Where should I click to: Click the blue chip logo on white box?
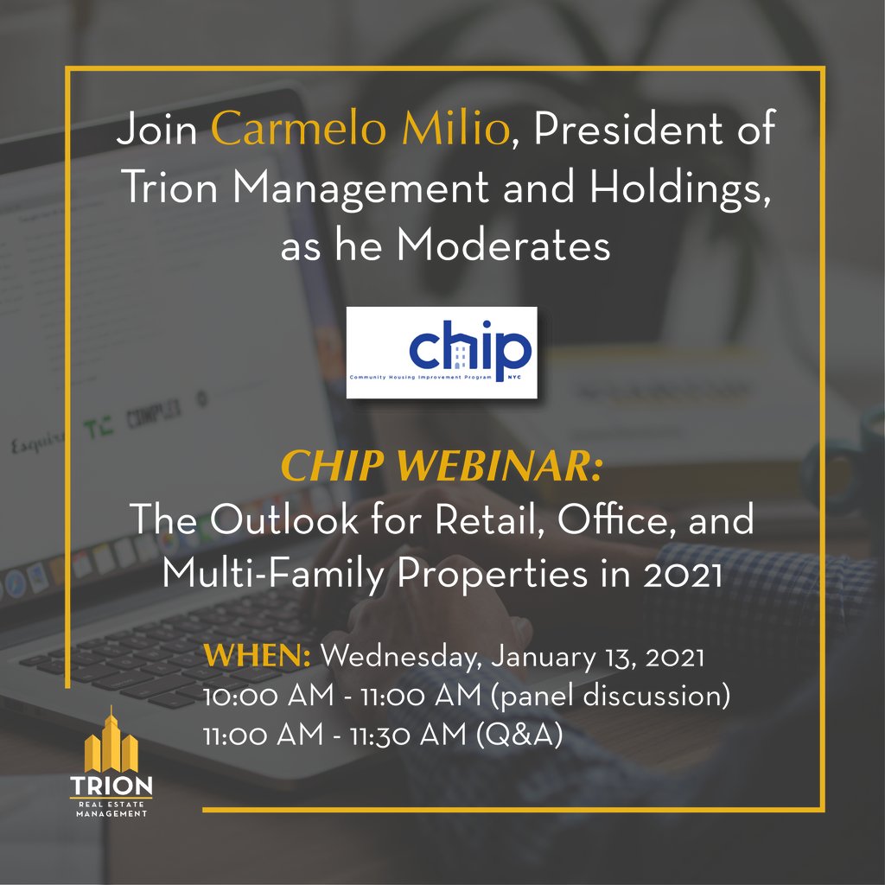click(442, 352)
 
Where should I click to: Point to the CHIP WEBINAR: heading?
click(441, 469)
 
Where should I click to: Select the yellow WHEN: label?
click(258, 656)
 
